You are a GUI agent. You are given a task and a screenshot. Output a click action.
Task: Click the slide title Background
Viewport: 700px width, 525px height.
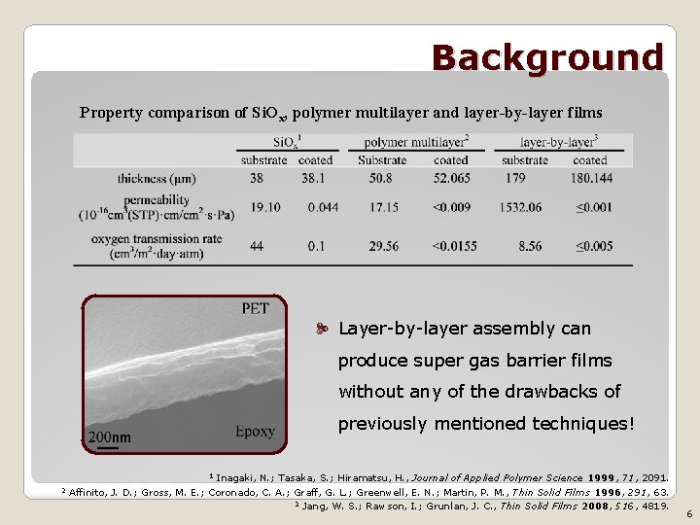[x=547, y=57]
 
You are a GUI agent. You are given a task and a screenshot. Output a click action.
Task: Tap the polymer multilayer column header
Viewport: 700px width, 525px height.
[x=416, y=142]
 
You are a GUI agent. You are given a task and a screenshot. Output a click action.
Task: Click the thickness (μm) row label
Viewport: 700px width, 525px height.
[x=157, y=179]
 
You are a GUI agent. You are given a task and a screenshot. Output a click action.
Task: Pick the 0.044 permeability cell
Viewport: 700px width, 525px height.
[x=323, y=207]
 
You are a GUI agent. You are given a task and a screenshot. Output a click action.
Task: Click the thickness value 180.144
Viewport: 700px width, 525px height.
[x=590, y=179]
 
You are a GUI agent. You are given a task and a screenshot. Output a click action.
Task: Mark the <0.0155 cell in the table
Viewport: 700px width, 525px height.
[x=455, y=247]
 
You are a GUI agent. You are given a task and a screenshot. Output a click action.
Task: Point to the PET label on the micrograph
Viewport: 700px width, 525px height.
[x=255, y=309]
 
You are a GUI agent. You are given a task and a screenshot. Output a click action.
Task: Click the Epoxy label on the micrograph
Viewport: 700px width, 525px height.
[x=255, y=431]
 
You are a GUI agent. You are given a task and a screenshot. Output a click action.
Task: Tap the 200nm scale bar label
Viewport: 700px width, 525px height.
[x=109, y=437]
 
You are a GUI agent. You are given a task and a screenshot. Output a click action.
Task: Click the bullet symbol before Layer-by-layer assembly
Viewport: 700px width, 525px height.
[x=325, y=330]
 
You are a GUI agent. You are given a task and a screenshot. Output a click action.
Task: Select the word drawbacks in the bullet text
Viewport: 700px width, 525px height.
[x=549, y=392]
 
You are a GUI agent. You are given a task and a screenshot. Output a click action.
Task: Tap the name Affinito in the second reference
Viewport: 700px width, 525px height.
[x=89, y=492]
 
